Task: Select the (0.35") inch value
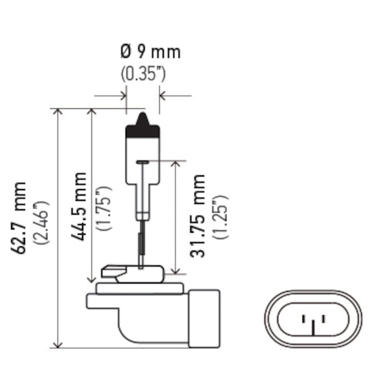[143, 74]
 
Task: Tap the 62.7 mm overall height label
[21, 217]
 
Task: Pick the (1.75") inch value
[104, 208]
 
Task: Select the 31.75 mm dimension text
[198, 216]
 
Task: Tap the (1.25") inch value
[220, 217]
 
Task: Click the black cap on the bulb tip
[143, 128]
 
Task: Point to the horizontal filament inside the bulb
[143, 162]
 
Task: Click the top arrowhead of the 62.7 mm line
[59, 113]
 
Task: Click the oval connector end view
[313, 319]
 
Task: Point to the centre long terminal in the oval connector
[313, 326]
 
